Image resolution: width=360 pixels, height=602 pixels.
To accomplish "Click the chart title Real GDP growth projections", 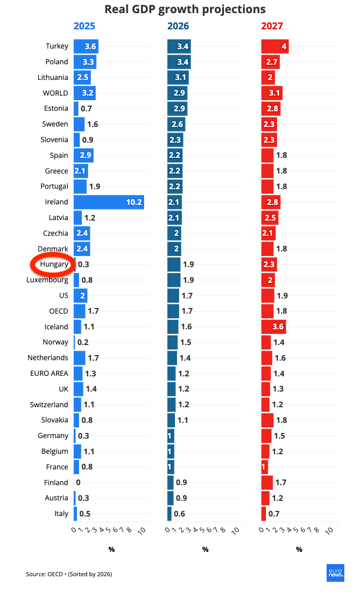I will tap(185, 9).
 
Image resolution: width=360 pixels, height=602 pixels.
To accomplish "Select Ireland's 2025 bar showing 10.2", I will tap(109, 202).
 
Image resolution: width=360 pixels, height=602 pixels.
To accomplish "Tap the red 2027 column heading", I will tap(272, 26).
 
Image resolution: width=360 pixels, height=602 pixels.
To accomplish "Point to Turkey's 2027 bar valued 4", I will tap(275, 46).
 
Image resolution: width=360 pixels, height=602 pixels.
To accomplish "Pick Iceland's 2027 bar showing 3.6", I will tap(274, 326).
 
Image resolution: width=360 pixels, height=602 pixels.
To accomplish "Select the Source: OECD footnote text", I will tap(69, 574).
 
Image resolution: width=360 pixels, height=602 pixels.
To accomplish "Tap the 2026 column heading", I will tap(178, 26).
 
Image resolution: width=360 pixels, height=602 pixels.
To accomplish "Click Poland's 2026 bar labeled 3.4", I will tap(179, 62).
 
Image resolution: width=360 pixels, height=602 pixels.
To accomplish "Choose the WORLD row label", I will tap(56, 93).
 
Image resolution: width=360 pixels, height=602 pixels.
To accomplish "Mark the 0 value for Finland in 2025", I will tap(78, 483).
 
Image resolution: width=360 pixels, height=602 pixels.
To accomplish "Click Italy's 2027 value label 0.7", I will tap(274, 513).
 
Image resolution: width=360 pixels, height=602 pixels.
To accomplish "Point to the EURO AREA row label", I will tap(49, 373).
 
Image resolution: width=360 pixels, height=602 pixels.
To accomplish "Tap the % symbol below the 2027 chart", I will tap(299, 549).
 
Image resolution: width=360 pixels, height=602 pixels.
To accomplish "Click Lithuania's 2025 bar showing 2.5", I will tap(82, 77).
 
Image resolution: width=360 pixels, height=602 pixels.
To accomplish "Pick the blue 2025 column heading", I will tap(84, 26).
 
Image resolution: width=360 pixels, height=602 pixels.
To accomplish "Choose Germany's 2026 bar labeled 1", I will tap(170, 436).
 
